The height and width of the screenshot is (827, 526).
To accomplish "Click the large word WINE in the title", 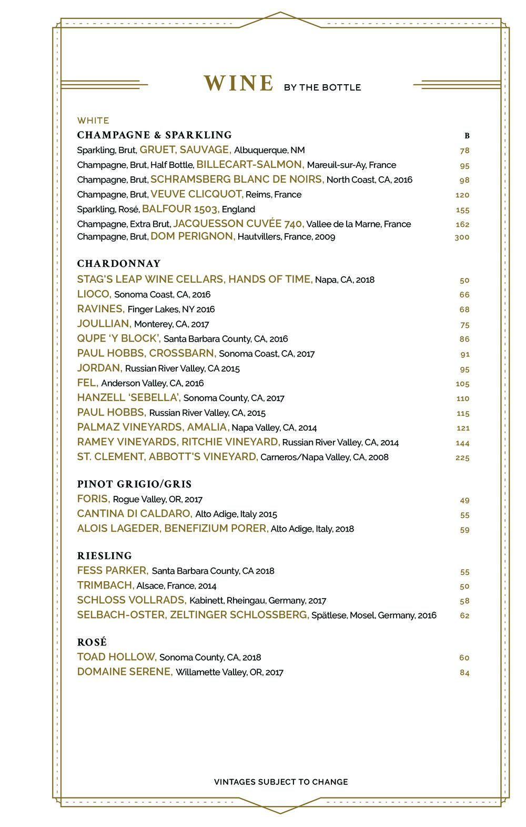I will pyautogui.click(x=239, y=84).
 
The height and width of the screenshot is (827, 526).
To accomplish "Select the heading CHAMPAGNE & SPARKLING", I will pyautogui.click(x=154, y=135).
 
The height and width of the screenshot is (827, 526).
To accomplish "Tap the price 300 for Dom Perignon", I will pyautogui.click(x=462, y=237).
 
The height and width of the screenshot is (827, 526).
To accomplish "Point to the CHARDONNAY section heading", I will pyautogui.click(x=119, y=264).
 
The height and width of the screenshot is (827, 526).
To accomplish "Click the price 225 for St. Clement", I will pyautogui.click(x=462, y=458).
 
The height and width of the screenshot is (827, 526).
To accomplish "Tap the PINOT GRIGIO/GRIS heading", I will pyautogui.click(x=134, y=484).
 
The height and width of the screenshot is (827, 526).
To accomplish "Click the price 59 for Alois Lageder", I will pyautogui.click(x=464, y=530).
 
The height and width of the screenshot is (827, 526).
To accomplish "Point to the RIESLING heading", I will pyautogui.click(x=104, y=556).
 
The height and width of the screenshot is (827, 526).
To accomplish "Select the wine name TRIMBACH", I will pyautogui.click(x=105, y=585).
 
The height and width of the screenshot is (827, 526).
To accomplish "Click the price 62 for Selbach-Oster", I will pyautogui.click(x=464, y=615).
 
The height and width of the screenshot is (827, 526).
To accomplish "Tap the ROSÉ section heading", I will pyautogui.click(x=92, y=642).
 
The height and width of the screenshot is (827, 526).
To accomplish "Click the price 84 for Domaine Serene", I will pyautogui.click(x=464, y=673).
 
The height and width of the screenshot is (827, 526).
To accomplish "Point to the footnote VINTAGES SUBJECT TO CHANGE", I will pyautogui.click(x=281, y=782).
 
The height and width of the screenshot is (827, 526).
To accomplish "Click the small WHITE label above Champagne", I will pyautogui.click(x=93, y=121).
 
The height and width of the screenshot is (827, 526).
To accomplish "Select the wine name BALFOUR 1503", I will pyautogui.click(x=180, y=209).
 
